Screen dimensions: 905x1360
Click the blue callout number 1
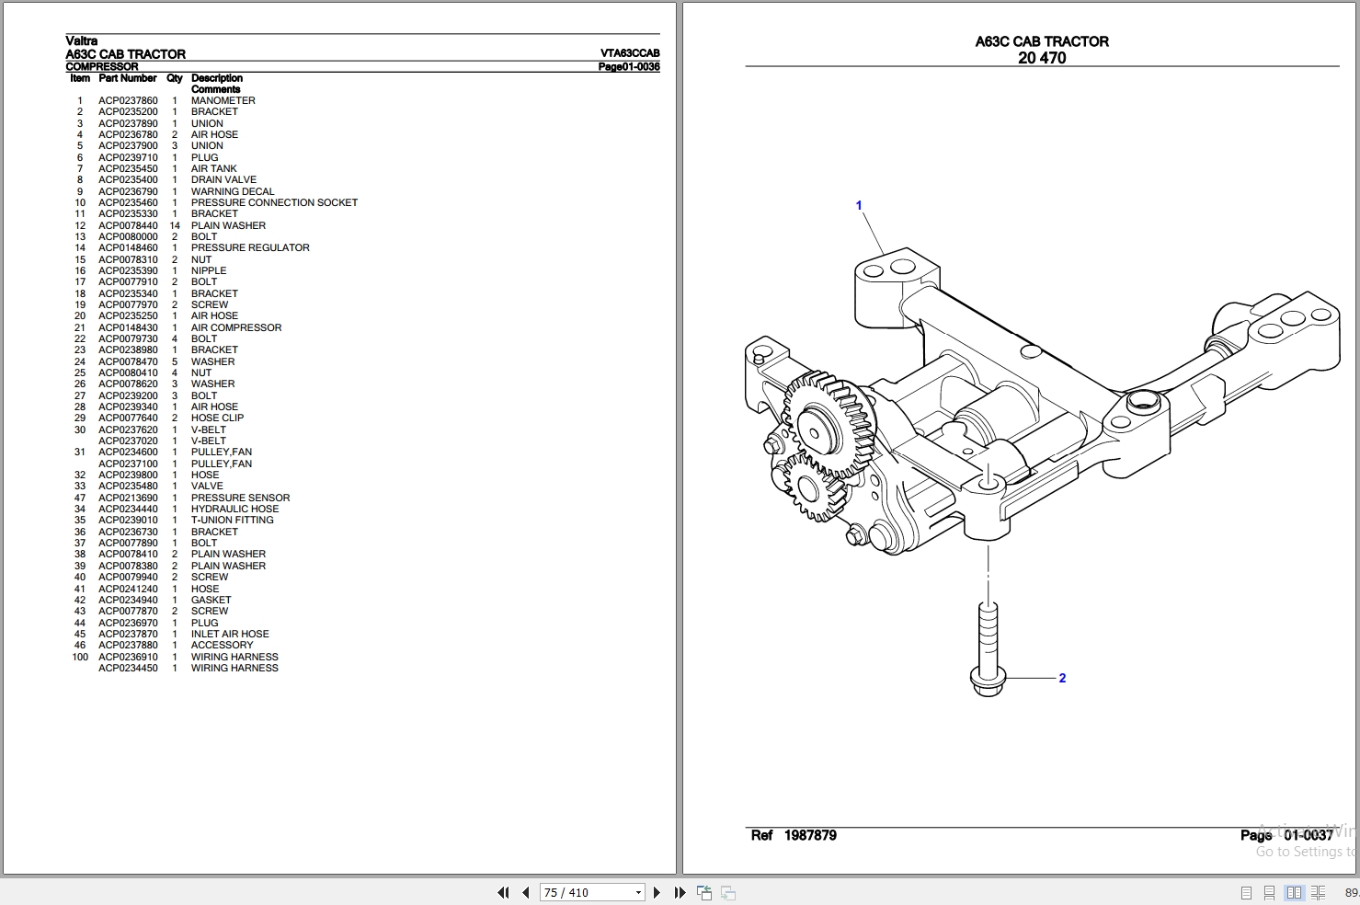pos(859,205)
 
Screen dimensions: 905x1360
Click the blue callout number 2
pos(1062,679)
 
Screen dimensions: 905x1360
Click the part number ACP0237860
pos(128,101)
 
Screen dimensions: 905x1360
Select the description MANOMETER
pos(223,101)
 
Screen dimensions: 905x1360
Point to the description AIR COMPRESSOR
pos(236,327)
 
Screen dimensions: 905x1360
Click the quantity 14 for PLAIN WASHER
pos(175,225)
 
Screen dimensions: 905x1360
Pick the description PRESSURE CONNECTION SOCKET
pos(274,202)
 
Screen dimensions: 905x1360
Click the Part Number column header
pos(128,79)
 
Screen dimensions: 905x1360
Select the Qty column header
pos(175,79)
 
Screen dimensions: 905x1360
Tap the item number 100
pos(80,657)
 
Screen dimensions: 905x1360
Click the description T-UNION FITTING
pos(233,520)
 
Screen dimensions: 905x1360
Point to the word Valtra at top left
pos(82,40)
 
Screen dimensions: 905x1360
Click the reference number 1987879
pos(810,835)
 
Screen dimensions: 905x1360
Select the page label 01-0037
pos(1308,835)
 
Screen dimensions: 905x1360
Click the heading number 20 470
pos(1042,58)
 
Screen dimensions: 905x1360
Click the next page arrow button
pos(657,892)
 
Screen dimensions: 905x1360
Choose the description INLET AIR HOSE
pos(230,634)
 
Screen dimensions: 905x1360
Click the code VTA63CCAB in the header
pos(630,53)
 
